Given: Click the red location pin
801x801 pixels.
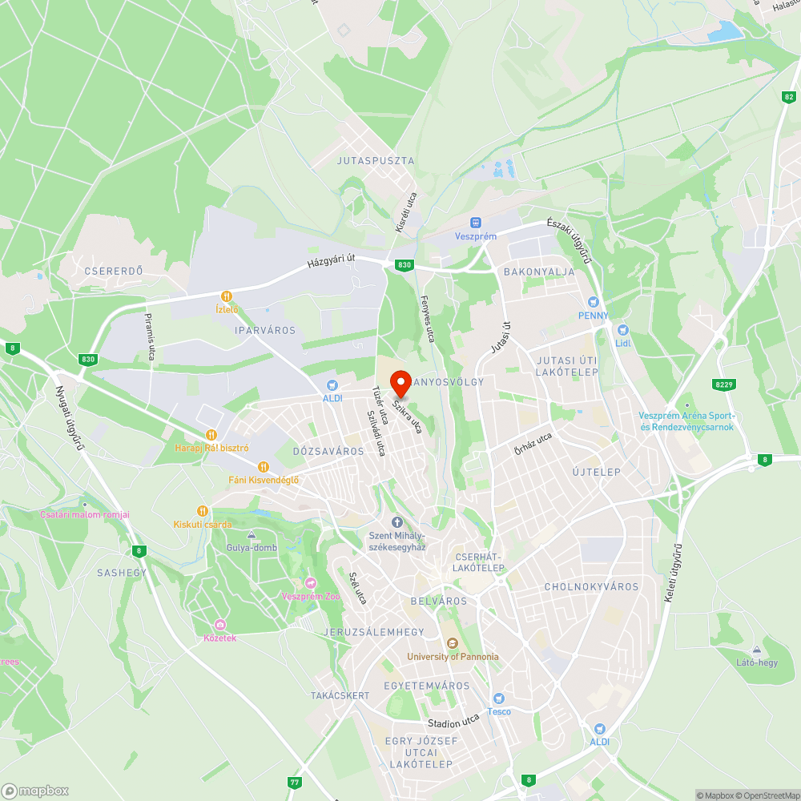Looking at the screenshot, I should pos(400,383).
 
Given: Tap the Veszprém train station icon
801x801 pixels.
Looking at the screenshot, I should pos(476,222).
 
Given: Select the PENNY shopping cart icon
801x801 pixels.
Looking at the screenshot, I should pos(593,302).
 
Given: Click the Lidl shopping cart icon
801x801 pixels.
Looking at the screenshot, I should pos(623,330).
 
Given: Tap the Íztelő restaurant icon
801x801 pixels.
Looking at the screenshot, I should pos(227,296).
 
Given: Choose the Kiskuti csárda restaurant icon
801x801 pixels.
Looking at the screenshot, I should pos(203,510).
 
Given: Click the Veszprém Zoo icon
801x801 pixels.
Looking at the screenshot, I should pos(311,582).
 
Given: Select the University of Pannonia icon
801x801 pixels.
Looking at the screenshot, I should pos(452,642).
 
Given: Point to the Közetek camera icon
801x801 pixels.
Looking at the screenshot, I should pos(219,625).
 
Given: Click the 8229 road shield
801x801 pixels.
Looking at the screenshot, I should pos(724,385).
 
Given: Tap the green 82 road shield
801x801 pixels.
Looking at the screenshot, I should pos(789,97).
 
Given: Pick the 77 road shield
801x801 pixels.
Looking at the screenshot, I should pos(296,782).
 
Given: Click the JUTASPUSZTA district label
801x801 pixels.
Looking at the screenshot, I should pos(376,161).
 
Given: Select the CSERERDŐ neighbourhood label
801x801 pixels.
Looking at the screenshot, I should pos(114,271).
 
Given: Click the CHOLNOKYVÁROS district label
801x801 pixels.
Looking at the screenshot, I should pos(591,587).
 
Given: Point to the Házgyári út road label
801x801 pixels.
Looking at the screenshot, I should pos(331,262).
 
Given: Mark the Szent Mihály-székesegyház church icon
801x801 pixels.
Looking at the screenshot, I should pos(396,522).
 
